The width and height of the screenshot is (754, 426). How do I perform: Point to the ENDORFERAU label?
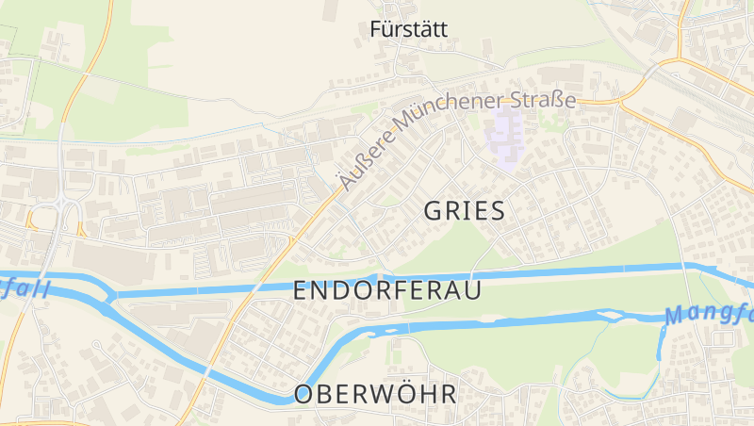[387, 290]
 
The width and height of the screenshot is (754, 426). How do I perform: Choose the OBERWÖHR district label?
[375, 394]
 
